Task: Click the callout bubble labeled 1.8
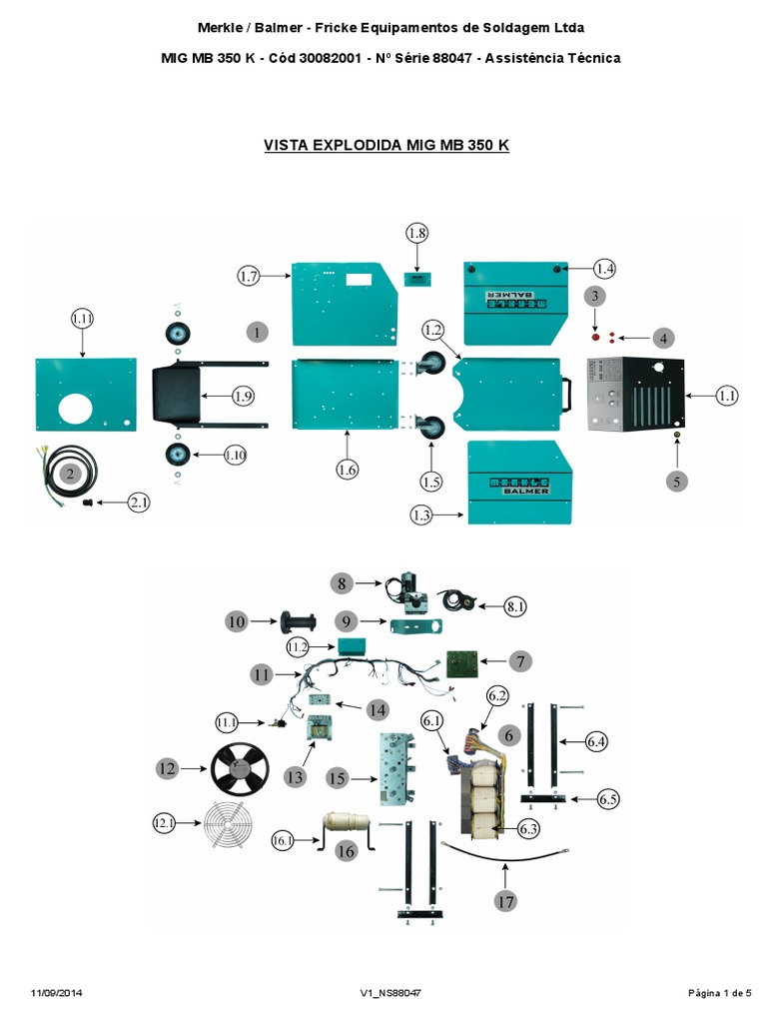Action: tap(416, 233)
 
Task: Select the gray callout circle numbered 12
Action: tap(167, 768)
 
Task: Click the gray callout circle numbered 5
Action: tap(678, 481)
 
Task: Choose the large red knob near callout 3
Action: tap(597, 338)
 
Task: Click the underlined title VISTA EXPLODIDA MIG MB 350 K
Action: tap(386, 145)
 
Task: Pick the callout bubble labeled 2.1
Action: tap(140, 504)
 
